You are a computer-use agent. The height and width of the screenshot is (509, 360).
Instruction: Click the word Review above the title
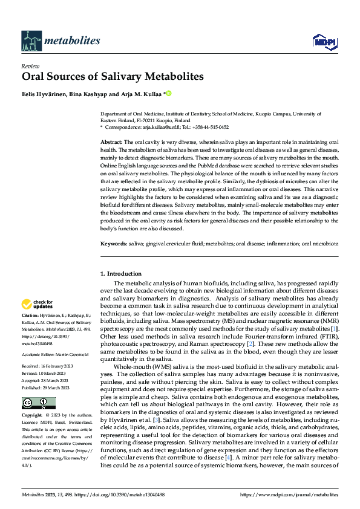coord(30,66)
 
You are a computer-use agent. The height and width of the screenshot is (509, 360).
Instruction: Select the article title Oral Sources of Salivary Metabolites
coord(113,77)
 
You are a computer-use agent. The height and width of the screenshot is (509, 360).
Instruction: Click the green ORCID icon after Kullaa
coord(169,93)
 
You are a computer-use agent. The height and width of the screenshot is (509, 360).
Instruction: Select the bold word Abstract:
coord(111,141)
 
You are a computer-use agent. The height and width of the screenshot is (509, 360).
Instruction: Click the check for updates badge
coord(37,304)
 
